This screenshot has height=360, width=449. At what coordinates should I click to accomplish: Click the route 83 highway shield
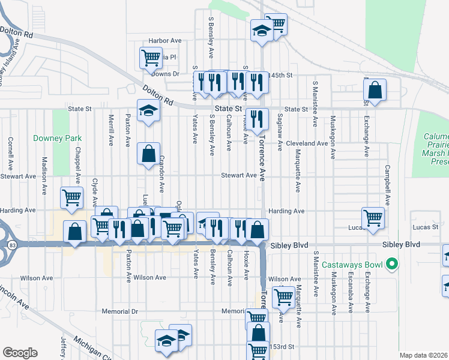pos(12,244)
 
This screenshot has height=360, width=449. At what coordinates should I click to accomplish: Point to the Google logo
pos(20,353)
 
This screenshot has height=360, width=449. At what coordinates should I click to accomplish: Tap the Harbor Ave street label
pos(165,40)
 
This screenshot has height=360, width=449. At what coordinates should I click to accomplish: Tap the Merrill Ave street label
pos(111,130)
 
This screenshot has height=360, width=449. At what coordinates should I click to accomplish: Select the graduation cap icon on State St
pos(148,110)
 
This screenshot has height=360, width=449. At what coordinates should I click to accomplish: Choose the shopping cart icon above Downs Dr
pos(151,58)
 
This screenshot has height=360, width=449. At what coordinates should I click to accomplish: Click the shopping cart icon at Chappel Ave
pos(71,197)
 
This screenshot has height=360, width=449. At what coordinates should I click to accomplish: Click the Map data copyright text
pos(423,355)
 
